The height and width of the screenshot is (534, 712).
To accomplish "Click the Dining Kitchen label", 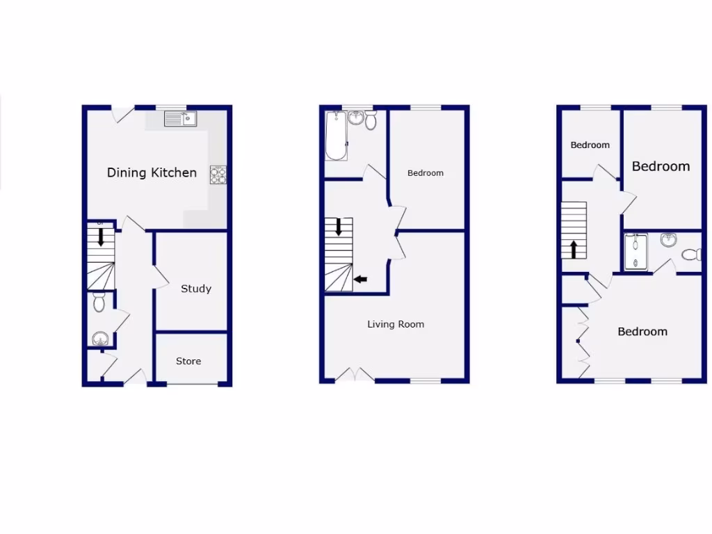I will coord(152,172).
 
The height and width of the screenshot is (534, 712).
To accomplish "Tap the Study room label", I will coord(195,289).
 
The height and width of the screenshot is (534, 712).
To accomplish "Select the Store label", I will coord(188,361).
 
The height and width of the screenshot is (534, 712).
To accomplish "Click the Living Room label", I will coord(396,324).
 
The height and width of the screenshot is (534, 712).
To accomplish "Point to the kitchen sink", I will coord(181,119).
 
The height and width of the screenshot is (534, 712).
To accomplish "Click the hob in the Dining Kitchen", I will coord(218,175).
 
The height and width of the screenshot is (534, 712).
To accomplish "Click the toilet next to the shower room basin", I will coord(692,254).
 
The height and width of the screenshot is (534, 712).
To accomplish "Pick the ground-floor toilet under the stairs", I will coord(99,302).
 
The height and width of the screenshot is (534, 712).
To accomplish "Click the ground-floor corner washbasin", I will coord(101,339).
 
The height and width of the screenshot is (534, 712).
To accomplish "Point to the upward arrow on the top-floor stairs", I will coord(574,249).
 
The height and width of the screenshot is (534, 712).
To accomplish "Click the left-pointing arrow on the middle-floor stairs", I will coord(361,280).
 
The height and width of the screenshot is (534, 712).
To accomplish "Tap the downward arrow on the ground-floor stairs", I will coord(101,237).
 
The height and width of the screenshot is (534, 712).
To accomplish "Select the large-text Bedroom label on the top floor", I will coord(661,166).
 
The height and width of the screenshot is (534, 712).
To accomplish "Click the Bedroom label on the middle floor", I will coord(425,173).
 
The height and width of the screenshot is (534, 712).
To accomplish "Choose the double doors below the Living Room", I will coord(355,375).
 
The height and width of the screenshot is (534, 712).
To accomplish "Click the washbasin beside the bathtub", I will coord(356,118).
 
